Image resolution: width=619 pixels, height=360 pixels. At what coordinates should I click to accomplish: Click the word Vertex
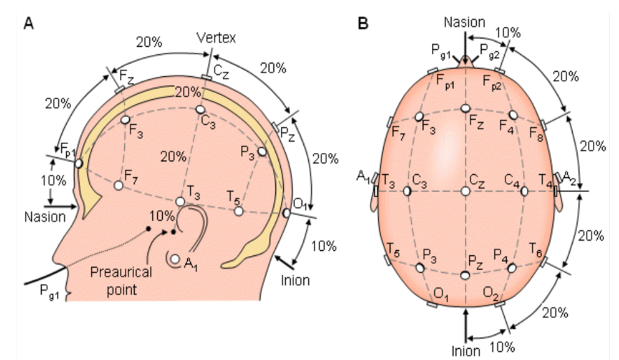(x=216, y=38)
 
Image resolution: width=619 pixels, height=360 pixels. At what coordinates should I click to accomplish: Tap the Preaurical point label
(x=121, y=281)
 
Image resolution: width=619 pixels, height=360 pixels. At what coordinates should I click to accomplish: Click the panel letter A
(x=29, y=24)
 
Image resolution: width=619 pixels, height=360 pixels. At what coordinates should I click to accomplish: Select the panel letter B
(x=363, y=24)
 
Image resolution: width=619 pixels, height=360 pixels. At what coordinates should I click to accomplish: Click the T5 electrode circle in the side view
(x=238, y=211)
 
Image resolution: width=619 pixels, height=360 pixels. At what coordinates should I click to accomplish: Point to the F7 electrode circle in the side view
(x=118, y=185)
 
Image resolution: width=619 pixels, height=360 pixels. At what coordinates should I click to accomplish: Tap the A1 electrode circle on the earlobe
(x=175, y=260)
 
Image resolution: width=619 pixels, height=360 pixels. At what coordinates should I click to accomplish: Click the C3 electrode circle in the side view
(x=200, y=109)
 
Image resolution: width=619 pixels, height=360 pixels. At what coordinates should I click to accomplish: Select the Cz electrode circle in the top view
(x=466, y=192)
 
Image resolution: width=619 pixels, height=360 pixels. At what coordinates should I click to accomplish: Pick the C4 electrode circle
(x=524, y=192)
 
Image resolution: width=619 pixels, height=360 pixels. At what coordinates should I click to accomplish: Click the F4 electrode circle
(x=513, y=115)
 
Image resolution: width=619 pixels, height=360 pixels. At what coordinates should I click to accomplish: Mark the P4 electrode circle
(x=512, y=268)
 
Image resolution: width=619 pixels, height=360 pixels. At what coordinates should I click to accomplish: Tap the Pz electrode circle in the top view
(x=465, y=275)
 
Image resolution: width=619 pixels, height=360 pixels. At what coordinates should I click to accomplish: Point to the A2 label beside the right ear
(x=569, y=178)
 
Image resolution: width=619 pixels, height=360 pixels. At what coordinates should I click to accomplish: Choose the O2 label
(x=490, y=293)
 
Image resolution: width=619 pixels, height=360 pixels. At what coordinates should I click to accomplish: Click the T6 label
(x=536, y=250)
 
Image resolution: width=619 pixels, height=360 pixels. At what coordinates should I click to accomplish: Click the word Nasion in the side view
(x=45, y=216)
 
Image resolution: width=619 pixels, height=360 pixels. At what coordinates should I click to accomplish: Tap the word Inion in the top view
(x=466, y=351)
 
